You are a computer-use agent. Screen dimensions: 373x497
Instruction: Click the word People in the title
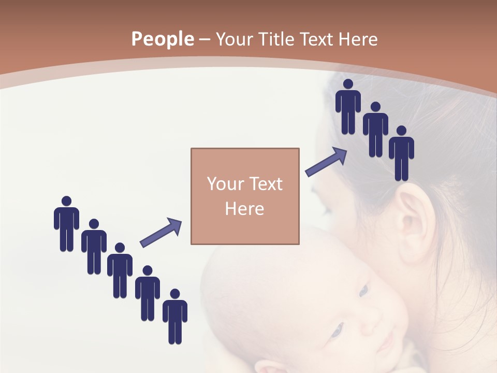[x=162, y=39]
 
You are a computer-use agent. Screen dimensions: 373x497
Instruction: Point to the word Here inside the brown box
[x=245, y=209]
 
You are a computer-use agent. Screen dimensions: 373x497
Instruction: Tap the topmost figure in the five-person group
[x=66, y=223]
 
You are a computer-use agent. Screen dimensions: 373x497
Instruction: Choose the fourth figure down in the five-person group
[x=148, y=293]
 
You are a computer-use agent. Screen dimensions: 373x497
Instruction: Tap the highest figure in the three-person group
[x=348, y=106]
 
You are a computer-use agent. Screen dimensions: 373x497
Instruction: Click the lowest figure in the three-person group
[x=401, y=153]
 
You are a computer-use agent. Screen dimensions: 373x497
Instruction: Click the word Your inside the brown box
[x=224, y=184]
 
